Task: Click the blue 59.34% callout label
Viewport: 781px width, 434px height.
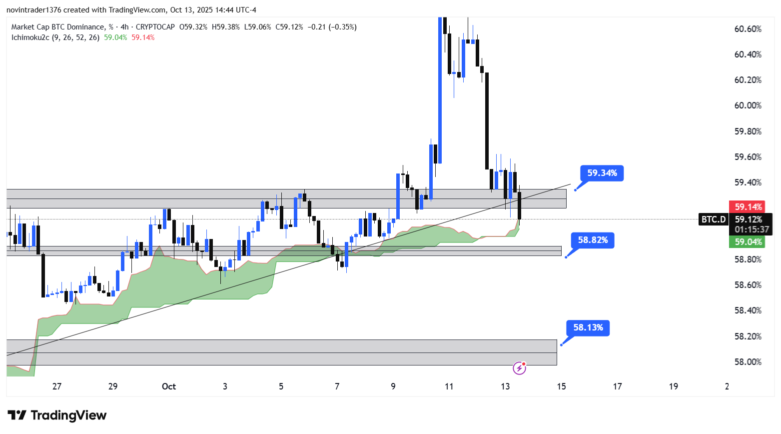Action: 602,173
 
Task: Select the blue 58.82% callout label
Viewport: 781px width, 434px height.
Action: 593,240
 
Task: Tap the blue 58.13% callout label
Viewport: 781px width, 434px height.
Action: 588,327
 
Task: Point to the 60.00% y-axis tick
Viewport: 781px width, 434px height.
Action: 748,105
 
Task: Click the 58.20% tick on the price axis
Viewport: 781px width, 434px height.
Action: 748,336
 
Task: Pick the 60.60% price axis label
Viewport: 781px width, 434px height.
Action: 748,29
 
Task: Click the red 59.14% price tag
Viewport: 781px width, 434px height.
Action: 748,207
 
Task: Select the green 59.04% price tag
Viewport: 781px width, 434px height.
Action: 748,242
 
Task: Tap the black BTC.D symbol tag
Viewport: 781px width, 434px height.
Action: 713,219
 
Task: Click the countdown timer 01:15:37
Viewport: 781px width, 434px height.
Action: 752,229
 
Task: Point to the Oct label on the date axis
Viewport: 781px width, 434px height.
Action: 169,386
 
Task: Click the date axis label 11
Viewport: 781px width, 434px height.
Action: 449,386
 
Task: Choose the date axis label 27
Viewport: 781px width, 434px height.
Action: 57,386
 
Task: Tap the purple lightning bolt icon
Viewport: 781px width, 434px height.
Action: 520,368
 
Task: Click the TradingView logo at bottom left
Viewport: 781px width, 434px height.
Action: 57,415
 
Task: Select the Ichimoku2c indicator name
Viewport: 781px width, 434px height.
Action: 30,37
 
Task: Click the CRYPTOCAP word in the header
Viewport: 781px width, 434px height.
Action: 155,27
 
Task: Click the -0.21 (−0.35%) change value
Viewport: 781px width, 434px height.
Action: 332,27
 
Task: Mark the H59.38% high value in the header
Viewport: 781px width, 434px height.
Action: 225,27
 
